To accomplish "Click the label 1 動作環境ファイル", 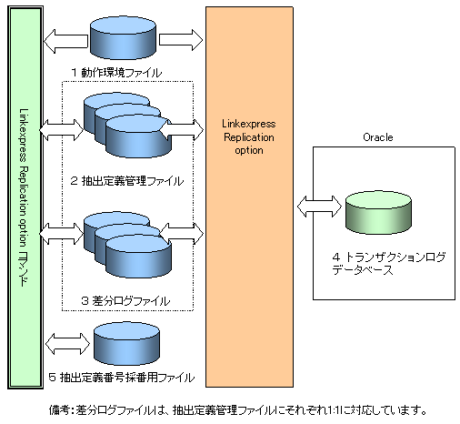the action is click(116, 73).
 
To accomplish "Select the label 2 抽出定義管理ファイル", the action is click(127, 181).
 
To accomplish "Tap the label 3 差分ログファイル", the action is click(125, 301).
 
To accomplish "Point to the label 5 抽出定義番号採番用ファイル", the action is click(122, 378).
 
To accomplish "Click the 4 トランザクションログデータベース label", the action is click(389, 263).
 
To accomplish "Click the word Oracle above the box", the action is click(378, 137).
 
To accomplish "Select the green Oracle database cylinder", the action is click(378, 213).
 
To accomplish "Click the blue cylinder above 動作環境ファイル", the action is click(123, 37).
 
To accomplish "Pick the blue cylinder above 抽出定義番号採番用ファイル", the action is click(126, 344).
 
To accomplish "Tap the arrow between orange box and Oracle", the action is click(319, 207).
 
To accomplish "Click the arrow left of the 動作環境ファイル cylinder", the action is click(65, 41).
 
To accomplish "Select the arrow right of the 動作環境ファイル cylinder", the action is click(181, 39).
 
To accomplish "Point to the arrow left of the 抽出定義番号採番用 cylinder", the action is click(67, 344).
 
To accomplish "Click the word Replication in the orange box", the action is click(249, 137).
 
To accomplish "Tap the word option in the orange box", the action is click(249, 150).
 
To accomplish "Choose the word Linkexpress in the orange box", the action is click(249, 124).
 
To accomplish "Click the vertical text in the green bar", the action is click(24, 197).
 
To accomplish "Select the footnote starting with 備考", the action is click(238, 410).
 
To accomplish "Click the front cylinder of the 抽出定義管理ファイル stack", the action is click(138, 136).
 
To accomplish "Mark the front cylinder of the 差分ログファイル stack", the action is click(138, 257).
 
